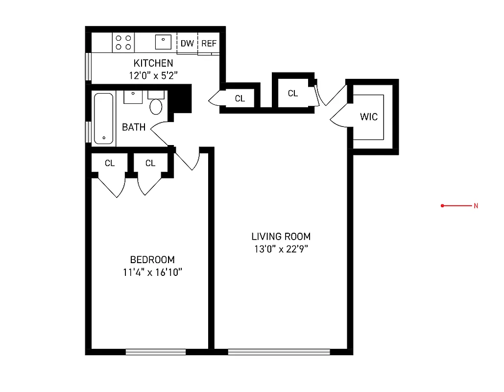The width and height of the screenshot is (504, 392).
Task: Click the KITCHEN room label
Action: pyautogui.click(x=153, y=63)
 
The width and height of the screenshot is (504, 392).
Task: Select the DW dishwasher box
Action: pyautogui.click(x=187, y=44)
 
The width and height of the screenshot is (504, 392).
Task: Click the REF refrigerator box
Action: pyautogui.click(x=209, y=44)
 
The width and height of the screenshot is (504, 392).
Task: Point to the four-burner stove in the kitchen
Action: pyautogui.click(x=123, y=42)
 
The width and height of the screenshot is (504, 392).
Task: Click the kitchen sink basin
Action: pyautogui.click(x=163, y=42)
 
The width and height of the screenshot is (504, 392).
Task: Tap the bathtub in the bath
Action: pyautogui.click(x=103, y=119)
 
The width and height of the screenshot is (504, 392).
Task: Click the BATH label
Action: pyautogui.click(x=134, y=127)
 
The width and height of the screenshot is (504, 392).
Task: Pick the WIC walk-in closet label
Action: pyautogui.click(x=369, y=117)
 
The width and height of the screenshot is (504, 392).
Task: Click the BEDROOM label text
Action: pyautogui.click(x=152, y=260)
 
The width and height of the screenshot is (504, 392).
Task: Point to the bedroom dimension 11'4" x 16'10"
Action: pyautogui.click(x=152, y=272)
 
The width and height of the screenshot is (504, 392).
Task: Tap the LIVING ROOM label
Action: pyautogui.click(x=281, y=236)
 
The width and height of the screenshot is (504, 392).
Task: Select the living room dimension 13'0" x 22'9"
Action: pyautogui.click(x=281, y=249)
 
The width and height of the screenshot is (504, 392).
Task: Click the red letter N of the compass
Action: pyautogui.click(x=476, y=206)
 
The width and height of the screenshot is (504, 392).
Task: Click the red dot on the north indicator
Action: pyautogui.click(x=442, y=206)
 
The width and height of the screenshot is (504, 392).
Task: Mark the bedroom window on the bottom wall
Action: pyautogui.click(x=156, y=351)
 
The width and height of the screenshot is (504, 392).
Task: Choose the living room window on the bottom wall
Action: pyautogui.click(x=279, y=351)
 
